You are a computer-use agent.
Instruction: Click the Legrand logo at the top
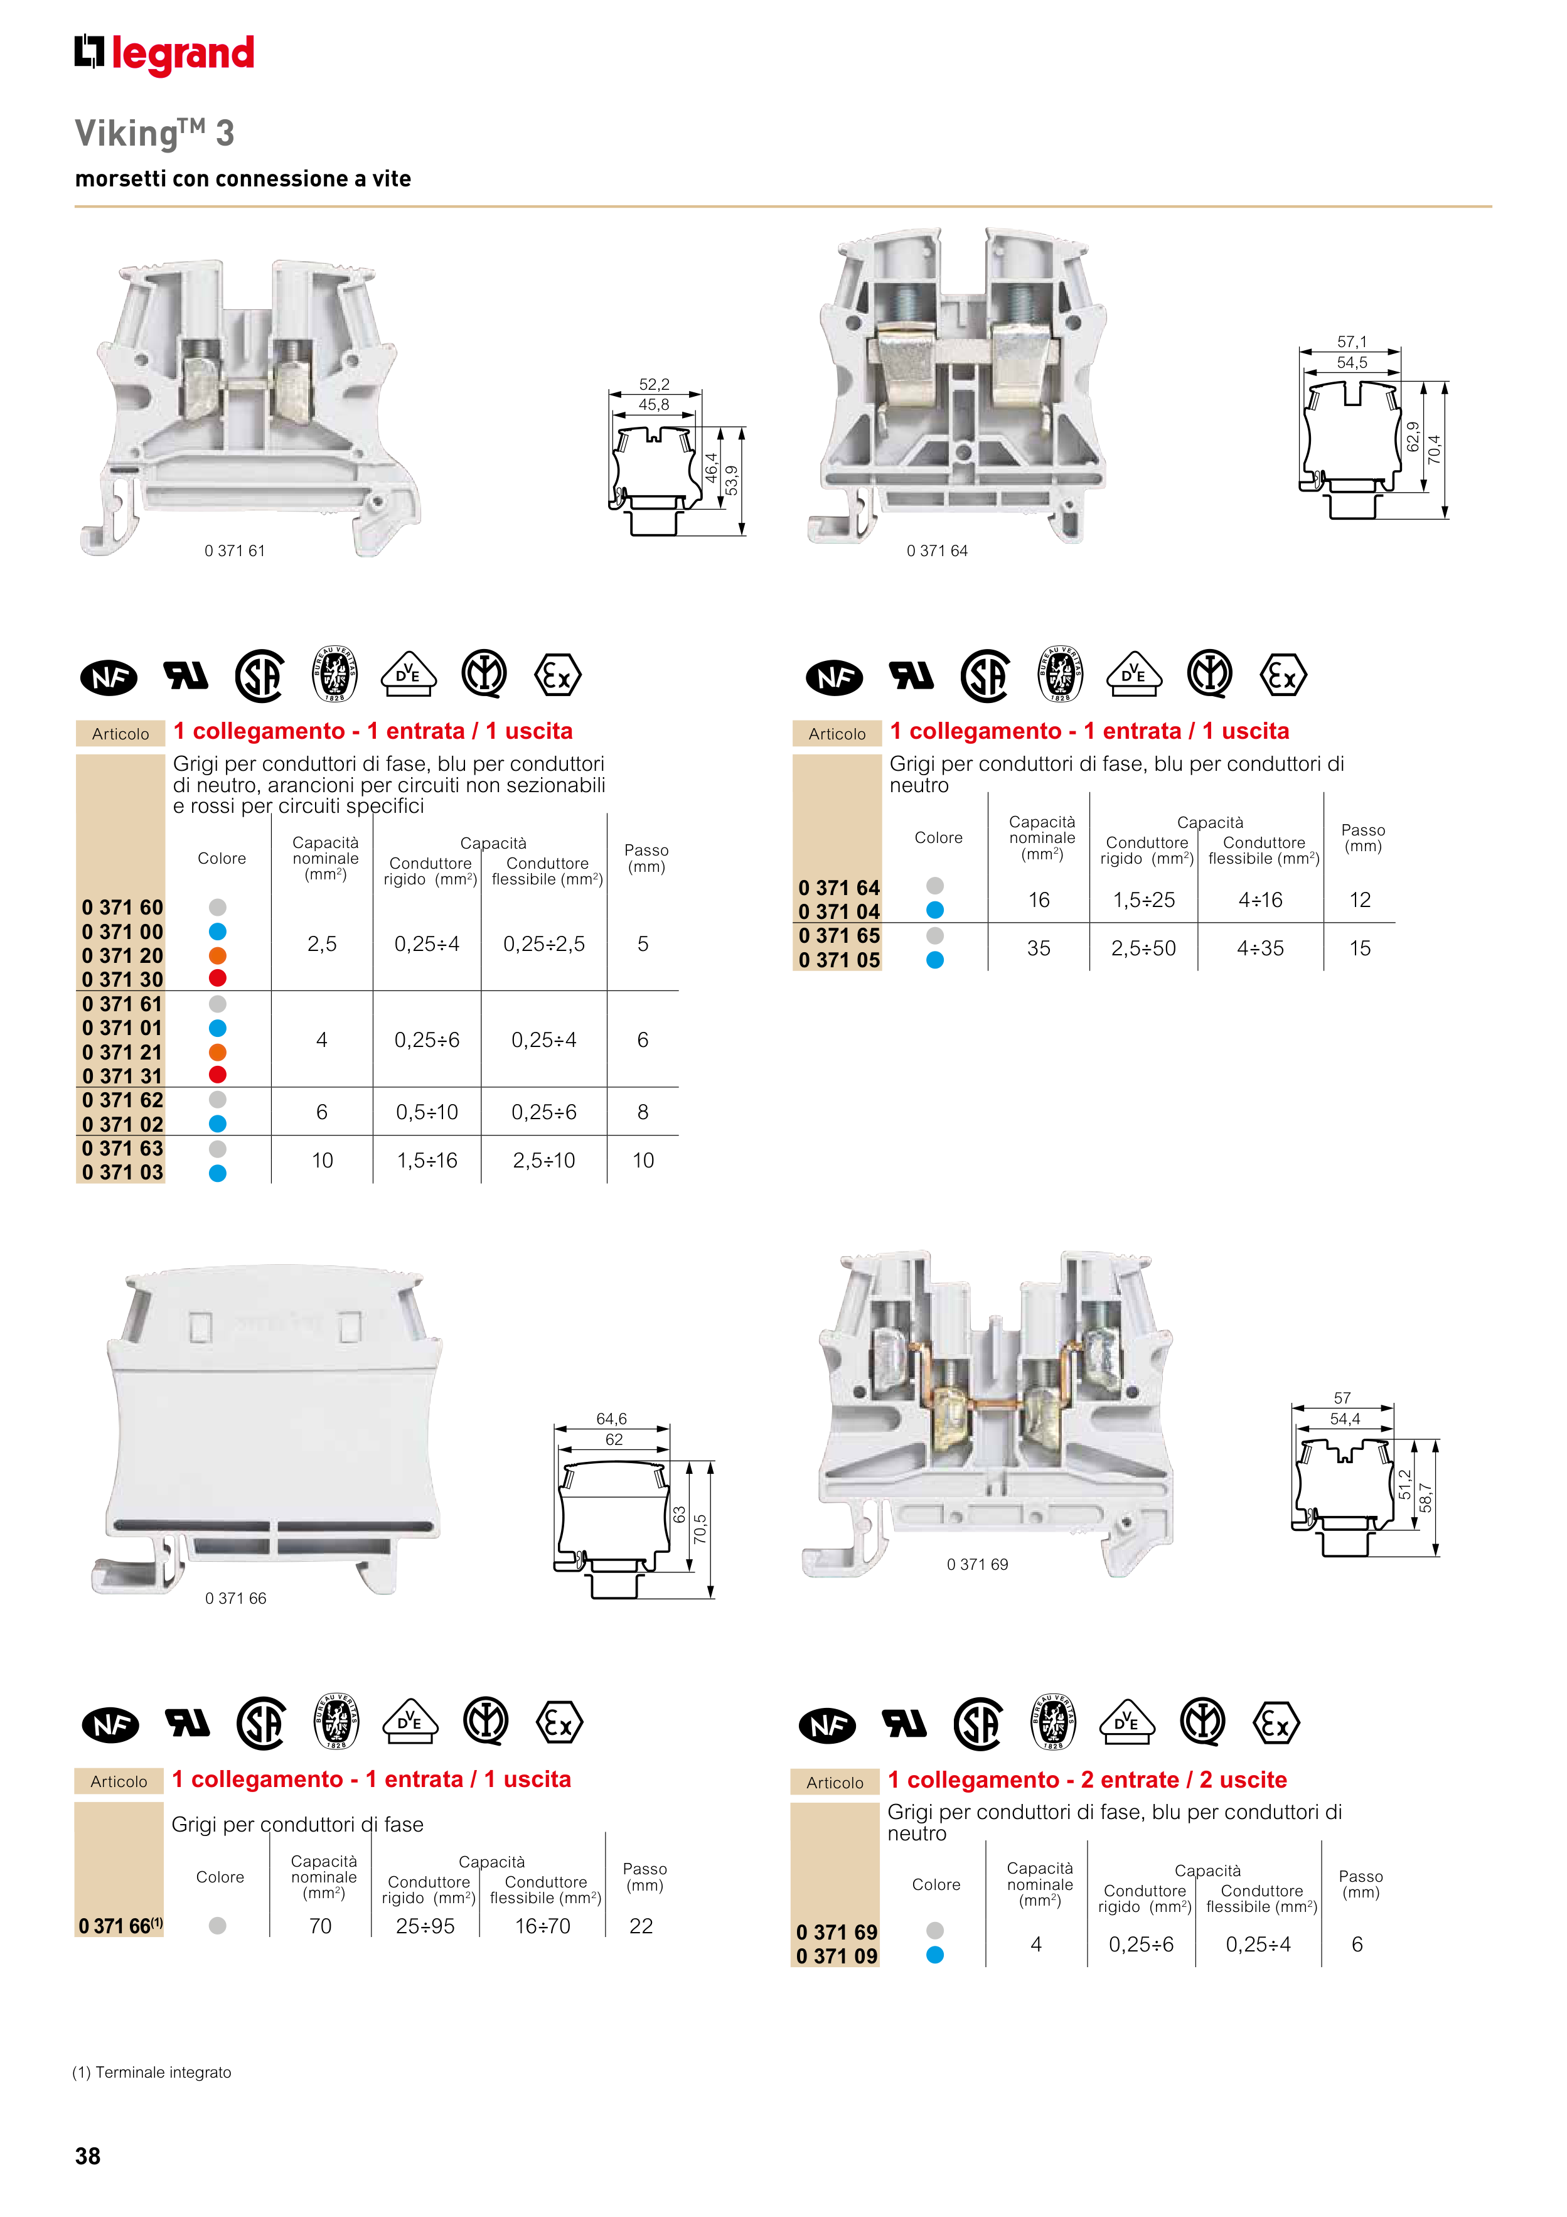click(x=165, y=54)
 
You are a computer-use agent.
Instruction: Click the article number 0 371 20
click(x=122, y=956)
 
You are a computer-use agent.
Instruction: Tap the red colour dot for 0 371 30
click(x=218, y=978)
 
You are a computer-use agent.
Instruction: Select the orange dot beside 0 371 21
click(x=218, y=1051)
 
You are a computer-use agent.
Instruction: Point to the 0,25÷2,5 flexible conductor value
click(x=543, y=943)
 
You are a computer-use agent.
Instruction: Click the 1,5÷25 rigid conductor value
click(x=1144, y=900)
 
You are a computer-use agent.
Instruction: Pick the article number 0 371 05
click(x=839, y=960)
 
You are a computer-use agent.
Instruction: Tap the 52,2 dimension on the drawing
click(x=654, y=384)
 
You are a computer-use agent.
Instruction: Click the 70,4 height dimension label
click(x=1434, y=450)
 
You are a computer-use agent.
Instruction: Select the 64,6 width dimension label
click(x=611, y=1419)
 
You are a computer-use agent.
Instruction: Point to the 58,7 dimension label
click(x=1426, y=1498)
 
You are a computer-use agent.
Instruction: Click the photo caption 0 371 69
click(x=977, y=1564)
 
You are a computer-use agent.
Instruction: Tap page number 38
click(x=88, y=2156)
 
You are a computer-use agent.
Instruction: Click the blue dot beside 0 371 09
click(x=934, y=1955)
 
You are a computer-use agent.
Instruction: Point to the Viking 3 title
click(x=154, y=133)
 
